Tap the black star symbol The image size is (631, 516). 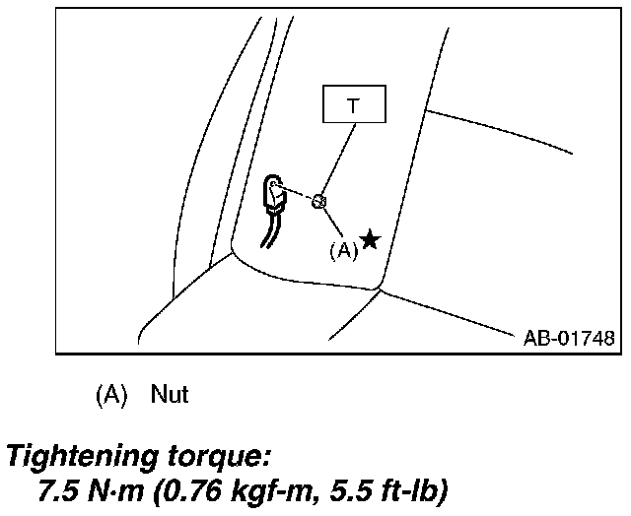point(370,239)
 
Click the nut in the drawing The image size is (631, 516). point(318,201)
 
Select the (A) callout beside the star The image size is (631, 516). point(342,250)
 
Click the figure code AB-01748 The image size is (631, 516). point(569,338)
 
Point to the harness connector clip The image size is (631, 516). point(275,195)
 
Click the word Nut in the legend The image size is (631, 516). point(170,395)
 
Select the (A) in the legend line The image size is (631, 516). point(111,395)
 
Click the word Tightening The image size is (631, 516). point(81,457)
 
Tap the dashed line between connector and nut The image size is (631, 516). point(297,193)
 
